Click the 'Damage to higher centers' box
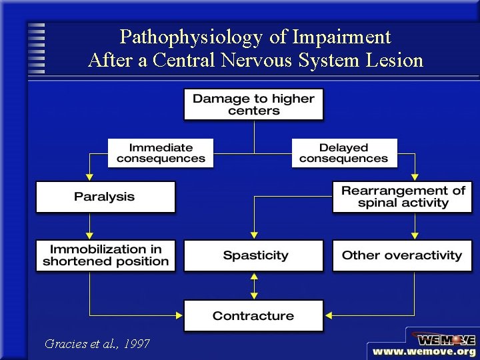tap(253, 104)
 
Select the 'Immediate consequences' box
tap(161, 153)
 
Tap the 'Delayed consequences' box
tap(344, 153)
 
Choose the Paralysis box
tap(105, 197)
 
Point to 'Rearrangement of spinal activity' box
tap(403, 197)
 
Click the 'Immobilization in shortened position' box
tap(105, 255)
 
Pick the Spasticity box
tap(253, 255)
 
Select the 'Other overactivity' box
tap(402, 255)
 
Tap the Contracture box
tap(253, 315)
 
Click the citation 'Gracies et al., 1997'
tap(97, 344)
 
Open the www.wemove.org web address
tap(424, 351)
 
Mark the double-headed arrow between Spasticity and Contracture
tap(253, 285)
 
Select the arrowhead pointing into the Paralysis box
tap(89, 177)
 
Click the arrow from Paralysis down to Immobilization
tap(89, 226)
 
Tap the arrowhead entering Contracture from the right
tap(329, 315)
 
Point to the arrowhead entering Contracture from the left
tap(179, 315)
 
